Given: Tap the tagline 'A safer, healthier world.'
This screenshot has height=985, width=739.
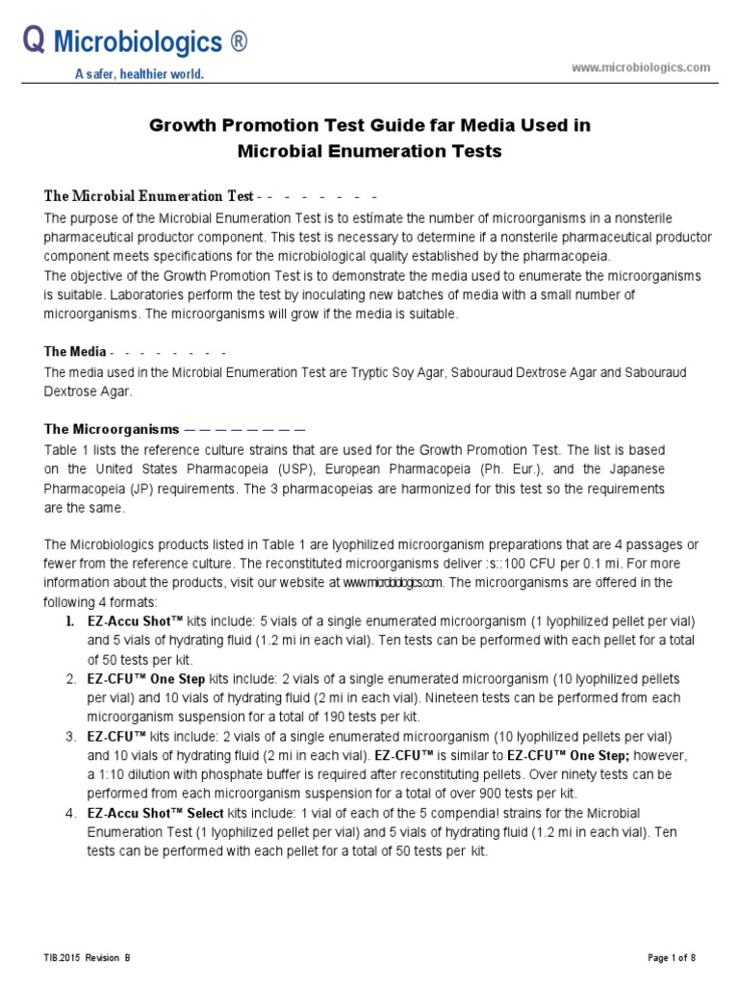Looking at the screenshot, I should (140, 74).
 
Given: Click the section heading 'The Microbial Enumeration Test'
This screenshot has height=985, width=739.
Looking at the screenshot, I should (149, 196).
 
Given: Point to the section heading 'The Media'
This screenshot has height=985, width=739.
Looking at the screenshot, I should (75, 352).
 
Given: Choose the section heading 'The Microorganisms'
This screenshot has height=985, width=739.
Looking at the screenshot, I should (112, 429).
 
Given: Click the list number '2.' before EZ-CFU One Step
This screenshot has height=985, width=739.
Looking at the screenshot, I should (70, 679).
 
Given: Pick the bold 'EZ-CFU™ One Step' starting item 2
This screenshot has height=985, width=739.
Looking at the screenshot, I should (145, 679).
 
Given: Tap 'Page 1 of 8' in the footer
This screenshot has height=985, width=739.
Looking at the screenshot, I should (670, 958).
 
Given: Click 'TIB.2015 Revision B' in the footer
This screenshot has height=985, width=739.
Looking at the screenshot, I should (87, 958).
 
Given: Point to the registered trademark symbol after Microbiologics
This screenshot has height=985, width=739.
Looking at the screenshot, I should (239, 43).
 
